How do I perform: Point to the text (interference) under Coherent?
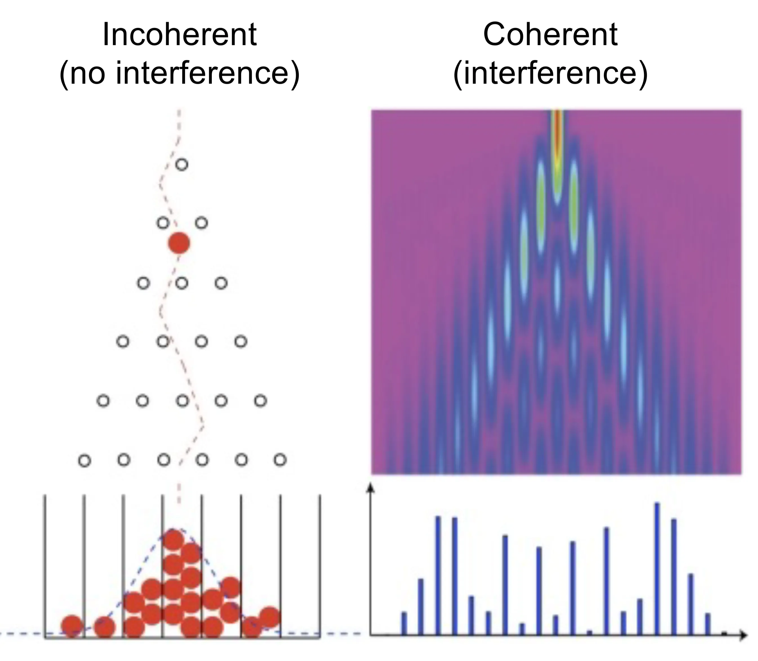pyautogui.click(x=550, y=72)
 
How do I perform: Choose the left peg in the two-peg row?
pyautogui.click(x=163, y=223)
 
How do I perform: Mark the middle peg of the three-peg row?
pyautogui.click(x=182, y=283)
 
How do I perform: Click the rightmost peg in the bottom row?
pyautogui.click(x=280, y=460)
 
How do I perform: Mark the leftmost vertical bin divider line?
pyautogui.click(x=45, y=564)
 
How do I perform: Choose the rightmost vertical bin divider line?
pyautogui.click(x=320, y=564)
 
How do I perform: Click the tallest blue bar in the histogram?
pyautogui.click(x=657, y=568)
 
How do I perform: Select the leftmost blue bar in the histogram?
pyautogui.click(x=404, y=623)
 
